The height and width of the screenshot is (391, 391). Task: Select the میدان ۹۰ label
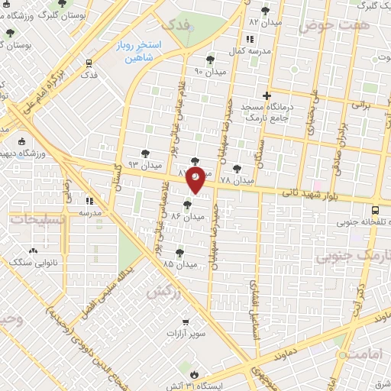tap(209, 70)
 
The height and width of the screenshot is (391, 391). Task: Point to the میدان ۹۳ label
tap(145, 164)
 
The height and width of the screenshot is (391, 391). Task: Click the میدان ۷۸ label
tap(236, 180)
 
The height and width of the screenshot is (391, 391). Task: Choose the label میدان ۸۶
tap(188, 216)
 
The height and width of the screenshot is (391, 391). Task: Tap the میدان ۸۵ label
tap(180, 263)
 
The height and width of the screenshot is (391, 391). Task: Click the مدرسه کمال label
tap(249, 50)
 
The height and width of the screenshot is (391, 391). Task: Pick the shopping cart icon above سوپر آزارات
tap(185, 323)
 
